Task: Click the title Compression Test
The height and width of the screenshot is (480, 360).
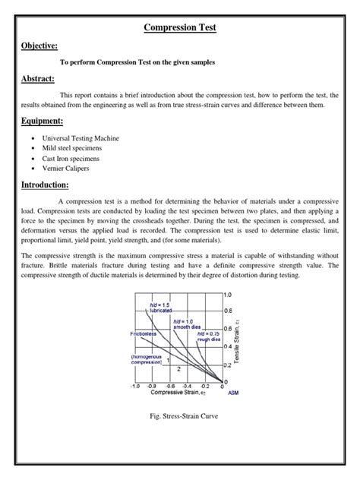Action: pyautogui.click(x=180, y=27)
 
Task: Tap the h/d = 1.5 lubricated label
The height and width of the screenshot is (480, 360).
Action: pyautogui.click(x=161, y=308)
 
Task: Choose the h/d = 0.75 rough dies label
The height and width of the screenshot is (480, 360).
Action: pyautogui.click(x=210, y=336)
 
